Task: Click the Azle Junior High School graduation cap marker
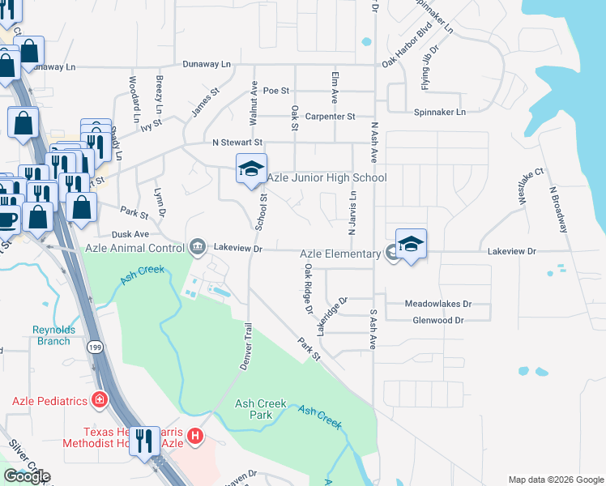pos(251,169)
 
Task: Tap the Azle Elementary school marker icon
pos(411,245)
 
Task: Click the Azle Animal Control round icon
pos(197,246)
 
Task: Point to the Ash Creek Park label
pos(254,409)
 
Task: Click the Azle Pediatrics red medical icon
pos(100,400)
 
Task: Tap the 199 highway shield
pos(94,346)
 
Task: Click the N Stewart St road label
pos(238,143)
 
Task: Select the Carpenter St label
pos(331,117)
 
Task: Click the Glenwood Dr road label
pos(437,320)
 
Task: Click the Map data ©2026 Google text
pos(555,480)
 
